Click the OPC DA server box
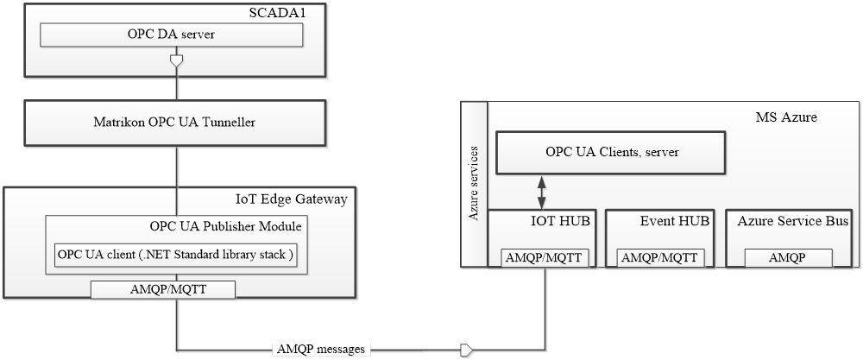[x=172, y=35]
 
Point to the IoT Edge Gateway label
[x=292, y=199]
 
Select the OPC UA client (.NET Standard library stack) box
[x=176, y=256]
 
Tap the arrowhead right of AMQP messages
[x=467, y=350]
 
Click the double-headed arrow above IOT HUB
[x=542, y=191]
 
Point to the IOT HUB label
[x=560, y=221]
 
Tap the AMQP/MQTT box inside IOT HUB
[x=543, y=257]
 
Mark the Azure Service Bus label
[x=792, y=221]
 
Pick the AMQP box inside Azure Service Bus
[x=788, y=257]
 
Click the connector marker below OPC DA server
[x=177, y=63]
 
